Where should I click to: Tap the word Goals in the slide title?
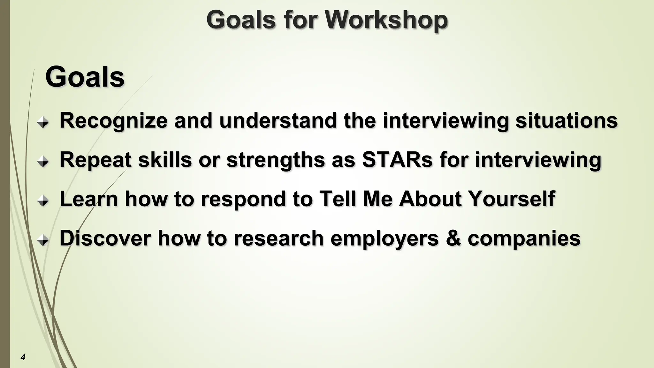point(240,20)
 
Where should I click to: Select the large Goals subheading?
point(85,77)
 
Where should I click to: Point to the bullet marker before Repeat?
point(43,162)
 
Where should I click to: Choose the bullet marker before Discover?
point(43,241)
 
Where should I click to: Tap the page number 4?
point(23,357)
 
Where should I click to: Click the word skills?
point(165,159)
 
